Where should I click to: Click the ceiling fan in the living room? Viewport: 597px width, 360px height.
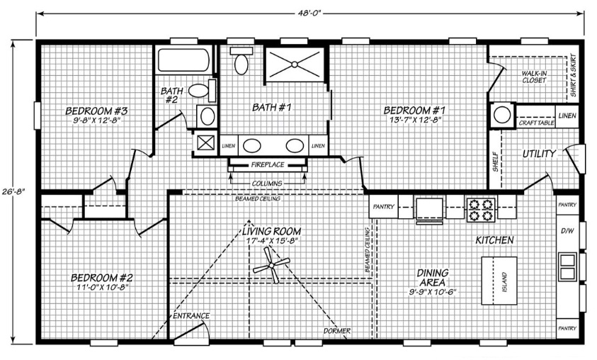(271, 266)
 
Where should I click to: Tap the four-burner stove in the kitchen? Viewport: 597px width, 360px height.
(480, 210)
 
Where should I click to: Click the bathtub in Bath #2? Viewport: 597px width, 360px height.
(183, 60)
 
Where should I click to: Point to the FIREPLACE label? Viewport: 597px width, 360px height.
(268, 165)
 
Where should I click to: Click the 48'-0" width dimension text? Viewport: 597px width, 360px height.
(310, 13)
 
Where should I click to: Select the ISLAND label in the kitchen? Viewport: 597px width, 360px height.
(504, 282)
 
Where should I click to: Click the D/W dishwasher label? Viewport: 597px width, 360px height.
(567, 230)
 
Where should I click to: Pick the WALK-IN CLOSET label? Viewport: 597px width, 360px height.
(534, 77)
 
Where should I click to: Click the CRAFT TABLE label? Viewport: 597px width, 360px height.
(536, 123)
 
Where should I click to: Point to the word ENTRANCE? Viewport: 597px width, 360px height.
(191, 316)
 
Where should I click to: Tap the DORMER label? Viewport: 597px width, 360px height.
(337, 331)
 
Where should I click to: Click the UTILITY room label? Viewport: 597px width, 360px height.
(539, 154)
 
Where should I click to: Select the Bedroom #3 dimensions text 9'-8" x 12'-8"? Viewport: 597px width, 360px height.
(96, 120)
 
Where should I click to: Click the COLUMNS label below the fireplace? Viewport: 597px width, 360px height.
(267, 184)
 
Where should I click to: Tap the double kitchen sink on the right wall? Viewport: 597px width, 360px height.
(567, 266)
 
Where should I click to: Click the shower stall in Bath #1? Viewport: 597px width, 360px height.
(295, 64)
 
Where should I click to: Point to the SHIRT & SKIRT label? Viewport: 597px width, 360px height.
(573, 75)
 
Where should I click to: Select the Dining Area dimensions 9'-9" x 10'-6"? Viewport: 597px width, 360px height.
(433, 293)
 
